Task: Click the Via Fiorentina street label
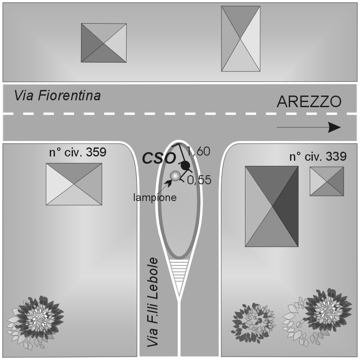pyautogui.click(x=57, y=96)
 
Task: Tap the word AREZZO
pyautogui.click(x=309, y=102)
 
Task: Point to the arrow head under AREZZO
pyautogui.click(x=334, y=127)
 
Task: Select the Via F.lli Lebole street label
pyautogui.click(x=153, y=302)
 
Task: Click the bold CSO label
pyautogui.click(x=159, y=158)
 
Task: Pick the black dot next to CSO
pyautogui.click(x=185, y=165)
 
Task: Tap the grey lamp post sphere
pyautogui.click(x=175, y=176)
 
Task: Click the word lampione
pyautogui.click(x=155, y=198)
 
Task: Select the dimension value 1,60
pyautogui.click(x=199, y=151)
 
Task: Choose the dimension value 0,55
pyautogui.click(x=200, y=180)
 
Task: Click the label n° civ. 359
pyautogui.click(x=77, y=153)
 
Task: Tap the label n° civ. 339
pyautogui.click(x=317, y=157)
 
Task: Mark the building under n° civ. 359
pyautogui.click(x=74, y=184)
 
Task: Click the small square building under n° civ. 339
pyautogui.click(x=327, y=181)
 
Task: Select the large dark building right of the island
pyautogui.click(x=272, y=206)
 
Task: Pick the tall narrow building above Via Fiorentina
pyautogui.click(x=241, y=39)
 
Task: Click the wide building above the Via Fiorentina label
pyautogui.click(x=104, y=43)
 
